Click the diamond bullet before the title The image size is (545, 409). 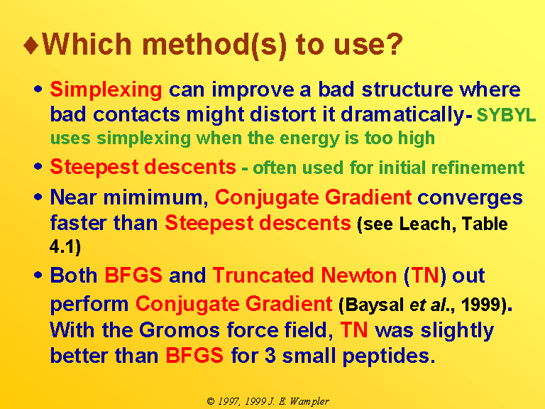(x=31, y=45)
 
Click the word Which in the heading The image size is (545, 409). (x=87, y=44)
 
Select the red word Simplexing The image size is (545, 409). (x=106, y=90)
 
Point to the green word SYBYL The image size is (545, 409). (x=506, y=115)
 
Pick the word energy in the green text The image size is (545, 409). (x=309, y=138)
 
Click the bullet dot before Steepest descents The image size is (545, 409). (x=38, y=167)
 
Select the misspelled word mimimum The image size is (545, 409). (x=153, y=197)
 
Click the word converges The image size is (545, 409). (x=470, y=198)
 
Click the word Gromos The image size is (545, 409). (x=180, y=329)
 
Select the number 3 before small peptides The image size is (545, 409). (x=270, y=356)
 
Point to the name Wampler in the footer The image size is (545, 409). (x=309, y=402)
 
